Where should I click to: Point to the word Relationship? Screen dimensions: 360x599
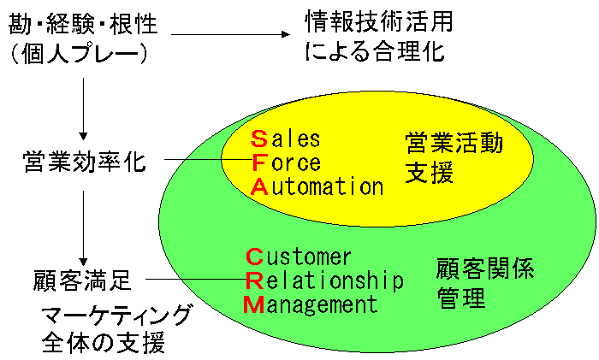(324, 280)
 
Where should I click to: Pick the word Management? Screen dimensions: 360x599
(311, 304)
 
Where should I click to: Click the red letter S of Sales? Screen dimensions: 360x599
(259, 139)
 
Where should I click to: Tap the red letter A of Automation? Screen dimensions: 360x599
(259, 186)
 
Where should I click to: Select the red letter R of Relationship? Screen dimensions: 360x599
(253, 280)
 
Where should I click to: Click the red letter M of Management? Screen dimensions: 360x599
(254, 304)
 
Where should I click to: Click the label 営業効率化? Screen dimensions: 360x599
(84, 162)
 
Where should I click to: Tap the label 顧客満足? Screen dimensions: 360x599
(82, 280)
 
